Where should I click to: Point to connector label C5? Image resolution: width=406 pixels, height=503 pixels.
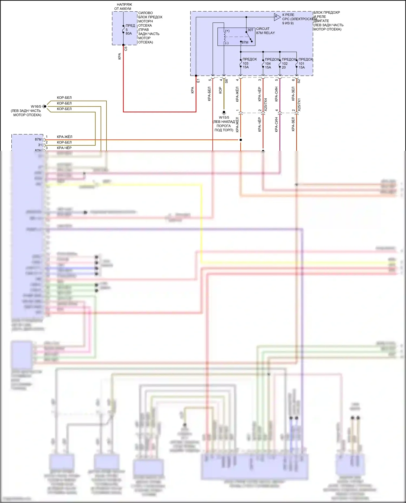(126, 49)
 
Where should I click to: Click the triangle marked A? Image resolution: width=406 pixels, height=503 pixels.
(276, 17)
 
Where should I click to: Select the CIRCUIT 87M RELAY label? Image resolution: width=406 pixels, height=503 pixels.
(265, 31)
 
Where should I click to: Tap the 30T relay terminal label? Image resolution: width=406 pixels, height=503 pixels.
(250, 30)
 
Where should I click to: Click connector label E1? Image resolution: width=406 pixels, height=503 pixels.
(198, 81)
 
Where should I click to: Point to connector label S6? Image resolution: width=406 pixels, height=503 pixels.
(227, 81)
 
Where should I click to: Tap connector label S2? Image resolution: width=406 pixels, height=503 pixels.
(299, 81)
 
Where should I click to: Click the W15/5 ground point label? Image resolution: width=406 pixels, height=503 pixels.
(224, 118)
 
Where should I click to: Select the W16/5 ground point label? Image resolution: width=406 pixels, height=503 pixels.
(36, 106)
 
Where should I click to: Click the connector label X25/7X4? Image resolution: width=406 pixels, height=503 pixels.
(266, 105)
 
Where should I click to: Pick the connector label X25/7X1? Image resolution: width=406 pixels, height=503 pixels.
(299, 105)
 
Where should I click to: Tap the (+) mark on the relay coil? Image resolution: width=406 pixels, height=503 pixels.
(227, 31)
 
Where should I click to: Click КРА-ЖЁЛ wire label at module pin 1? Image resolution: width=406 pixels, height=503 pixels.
(64, 137)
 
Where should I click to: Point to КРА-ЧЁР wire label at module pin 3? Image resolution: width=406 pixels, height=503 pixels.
(64, 148)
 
